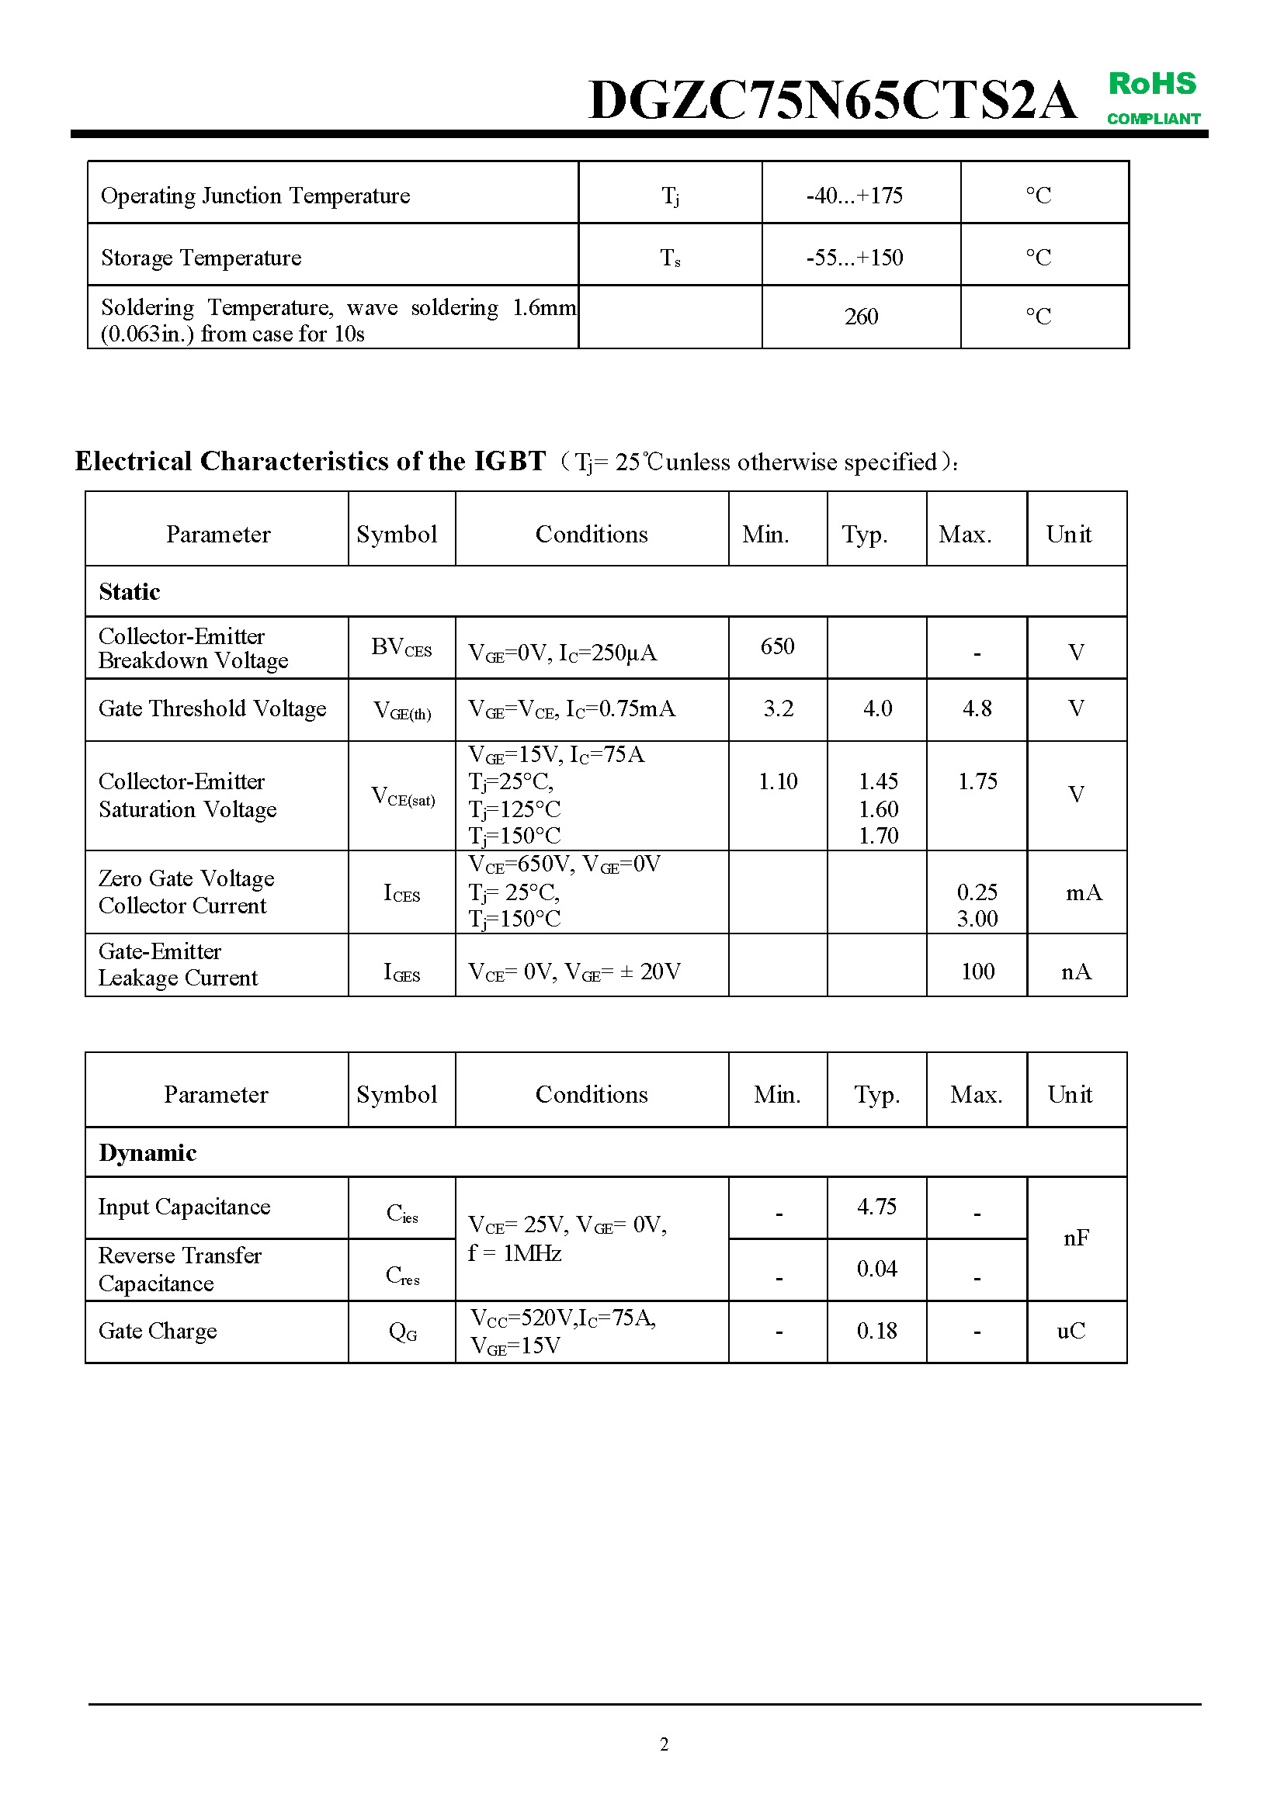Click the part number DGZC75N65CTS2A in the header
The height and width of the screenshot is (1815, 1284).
tap(831, 101)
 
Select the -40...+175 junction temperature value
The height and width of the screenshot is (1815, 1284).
tap(854, 196)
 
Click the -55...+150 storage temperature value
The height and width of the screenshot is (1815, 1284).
tap(854, 258)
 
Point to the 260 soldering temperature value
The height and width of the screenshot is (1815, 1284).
tap(861, 317)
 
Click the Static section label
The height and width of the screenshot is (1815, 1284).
tap(130, 592)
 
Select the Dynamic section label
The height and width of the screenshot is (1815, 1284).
tap(147, 1153)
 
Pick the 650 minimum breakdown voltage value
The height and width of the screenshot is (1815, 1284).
tap(777, 646)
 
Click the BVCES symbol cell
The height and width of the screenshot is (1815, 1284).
tap(401, 648)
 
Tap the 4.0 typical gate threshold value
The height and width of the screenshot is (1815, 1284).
tap(878, 708)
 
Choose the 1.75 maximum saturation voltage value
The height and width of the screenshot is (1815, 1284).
tap(977, 782)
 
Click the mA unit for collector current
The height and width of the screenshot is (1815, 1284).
tap(1083, 893)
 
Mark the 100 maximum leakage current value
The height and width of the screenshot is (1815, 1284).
tap(977, 972)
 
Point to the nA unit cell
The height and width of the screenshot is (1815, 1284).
tap(1076, 972)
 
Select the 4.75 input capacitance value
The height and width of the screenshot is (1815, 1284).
tap(876, 1207)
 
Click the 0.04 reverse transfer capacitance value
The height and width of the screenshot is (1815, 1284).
tap(876, 1269)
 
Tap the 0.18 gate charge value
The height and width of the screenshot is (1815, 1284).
tap(876, 1332)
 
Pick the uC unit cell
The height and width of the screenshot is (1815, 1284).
tap(1071, 1332)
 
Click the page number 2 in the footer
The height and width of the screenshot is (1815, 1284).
tap(665, 1744)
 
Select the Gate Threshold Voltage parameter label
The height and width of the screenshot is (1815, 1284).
tap(212, 709)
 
